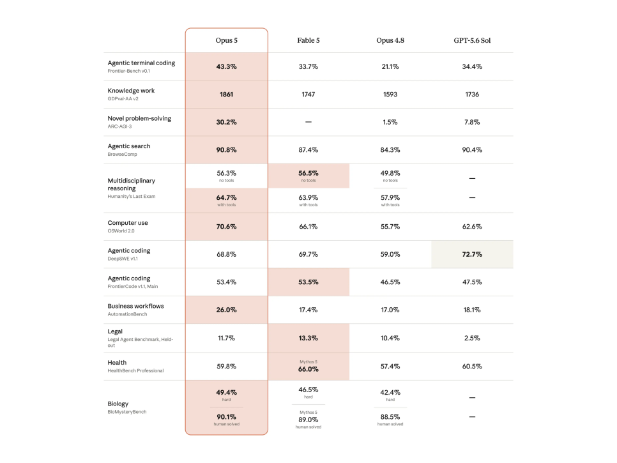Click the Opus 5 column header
coord(226,40)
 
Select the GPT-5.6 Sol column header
coord(472,40)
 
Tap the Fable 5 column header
coord(308,40)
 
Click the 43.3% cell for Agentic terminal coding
coord(226,66)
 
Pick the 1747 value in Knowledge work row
coord(308,95)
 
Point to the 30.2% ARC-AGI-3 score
coord(226,122)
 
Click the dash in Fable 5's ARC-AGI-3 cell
coord(308,122)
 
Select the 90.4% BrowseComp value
coord(472,150)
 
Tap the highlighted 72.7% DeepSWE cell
coord(472,254)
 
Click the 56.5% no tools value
coord(308,173)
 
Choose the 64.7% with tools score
coord(226,197)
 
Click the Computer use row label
coord(128,223)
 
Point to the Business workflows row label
coord(135,306)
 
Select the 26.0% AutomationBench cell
coord(226,310)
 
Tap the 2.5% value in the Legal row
coord(472,338)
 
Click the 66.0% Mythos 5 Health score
coord(308,369)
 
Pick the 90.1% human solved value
coord(226,416)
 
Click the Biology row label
coord(118,404)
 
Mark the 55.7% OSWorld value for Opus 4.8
coord(390,227)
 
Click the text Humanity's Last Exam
coord(132,196)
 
